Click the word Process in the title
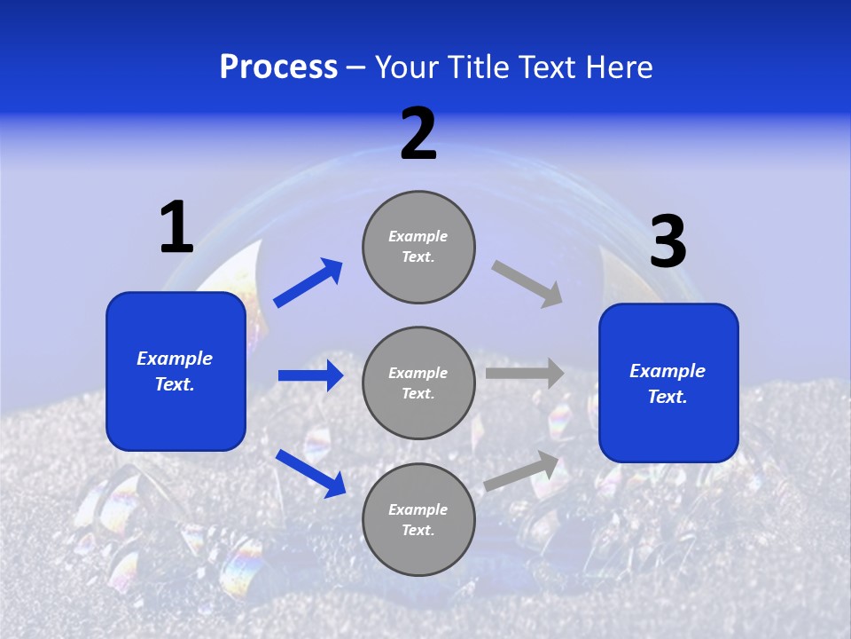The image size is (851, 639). pos(278,67)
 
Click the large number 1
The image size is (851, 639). pos(176,227)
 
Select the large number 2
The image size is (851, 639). pos(418,135)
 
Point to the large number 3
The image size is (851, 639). pos(668,242)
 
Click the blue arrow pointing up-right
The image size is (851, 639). pos(308,283)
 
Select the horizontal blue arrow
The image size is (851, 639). pos(310,375)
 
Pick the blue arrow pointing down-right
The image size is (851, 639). pos(310,472)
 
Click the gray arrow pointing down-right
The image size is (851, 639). pos(527,284)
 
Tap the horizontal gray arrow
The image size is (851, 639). pos(525,374)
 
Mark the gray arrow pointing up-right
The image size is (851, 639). pos(522,471)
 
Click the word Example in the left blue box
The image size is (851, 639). pos(175,359)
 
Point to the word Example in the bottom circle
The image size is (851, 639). pos(418,509)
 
